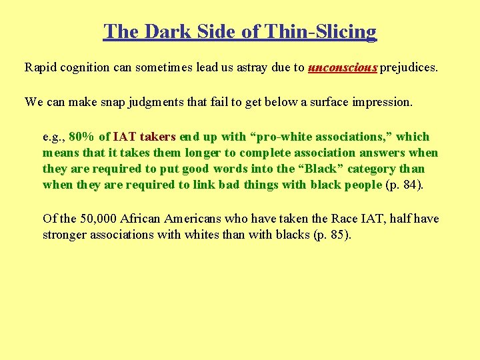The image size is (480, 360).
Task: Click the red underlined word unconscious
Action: pyautogui.click(x=343, y=67)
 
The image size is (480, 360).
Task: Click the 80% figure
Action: pyautogui.click(x=82, y=137)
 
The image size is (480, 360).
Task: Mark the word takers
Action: pyautogui.click(x=157, y=137)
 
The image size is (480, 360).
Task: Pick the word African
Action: pyautogui.click(x=141, y=219)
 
